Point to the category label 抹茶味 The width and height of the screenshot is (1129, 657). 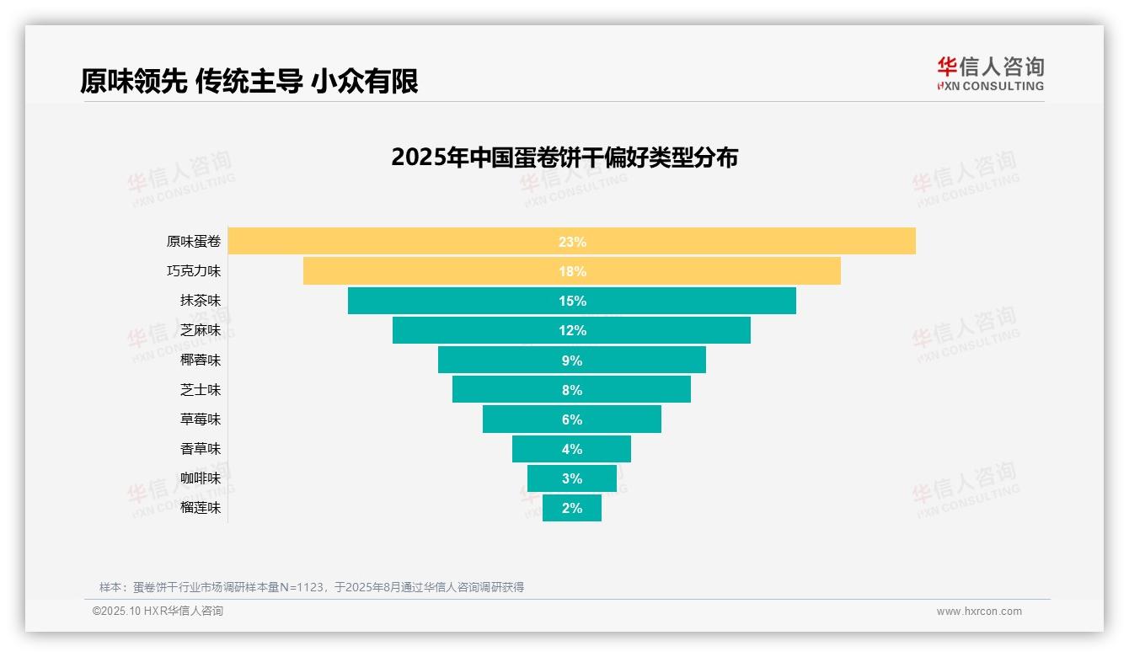pos(201,301)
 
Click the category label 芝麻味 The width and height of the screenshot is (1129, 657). pos(201,330)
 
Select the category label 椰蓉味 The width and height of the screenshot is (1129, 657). pos(201,360)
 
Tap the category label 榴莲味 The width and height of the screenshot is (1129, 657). pos(201,508)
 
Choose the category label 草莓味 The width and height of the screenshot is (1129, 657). pos(201,419)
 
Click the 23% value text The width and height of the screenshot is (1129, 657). pos(572,242)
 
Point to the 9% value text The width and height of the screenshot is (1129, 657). pos(572,361)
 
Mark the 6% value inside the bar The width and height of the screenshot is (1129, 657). pos(572,419)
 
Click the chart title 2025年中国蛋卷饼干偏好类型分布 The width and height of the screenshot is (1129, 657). pos(564,158)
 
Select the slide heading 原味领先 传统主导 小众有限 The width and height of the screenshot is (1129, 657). pos(249,81)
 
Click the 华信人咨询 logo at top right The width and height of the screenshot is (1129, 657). pos(990,73)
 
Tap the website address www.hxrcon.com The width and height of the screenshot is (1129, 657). pos(979,612)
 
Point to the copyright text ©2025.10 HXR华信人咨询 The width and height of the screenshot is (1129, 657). pos(158,612)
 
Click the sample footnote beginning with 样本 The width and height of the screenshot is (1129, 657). pos(312,587)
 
